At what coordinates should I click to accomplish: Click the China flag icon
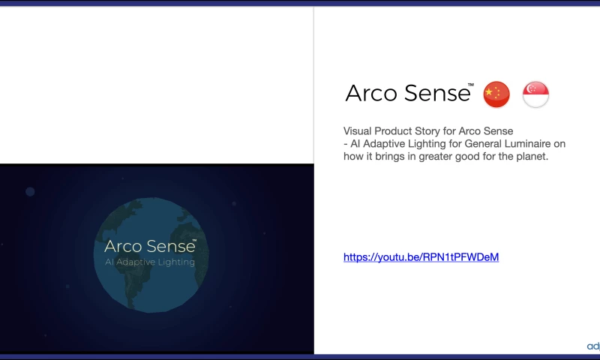[496, 94]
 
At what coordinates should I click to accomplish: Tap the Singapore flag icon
[535, 94]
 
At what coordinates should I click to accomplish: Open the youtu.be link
[421, 257]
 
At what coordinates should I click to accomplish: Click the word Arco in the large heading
[372, 93]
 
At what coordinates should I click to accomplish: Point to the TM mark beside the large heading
[471, 85]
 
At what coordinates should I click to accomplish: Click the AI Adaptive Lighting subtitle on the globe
[149, 262]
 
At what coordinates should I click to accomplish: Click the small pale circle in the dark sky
[30, 191]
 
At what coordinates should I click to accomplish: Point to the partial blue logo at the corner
[593, 346]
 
